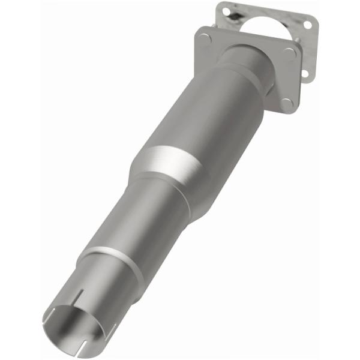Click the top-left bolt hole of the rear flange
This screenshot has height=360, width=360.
coord(225,10)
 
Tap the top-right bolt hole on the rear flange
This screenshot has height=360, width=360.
coord(307,25)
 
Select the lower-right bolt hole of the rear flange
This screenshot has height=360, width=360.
coord(305,73)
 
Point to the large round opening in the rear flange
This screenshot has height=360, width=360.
coord(267,27)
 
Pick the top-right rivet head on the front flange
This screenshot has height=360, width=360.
coord(290,53)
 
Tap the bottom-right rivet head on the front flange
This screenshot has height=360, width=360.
coord(287,103)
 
